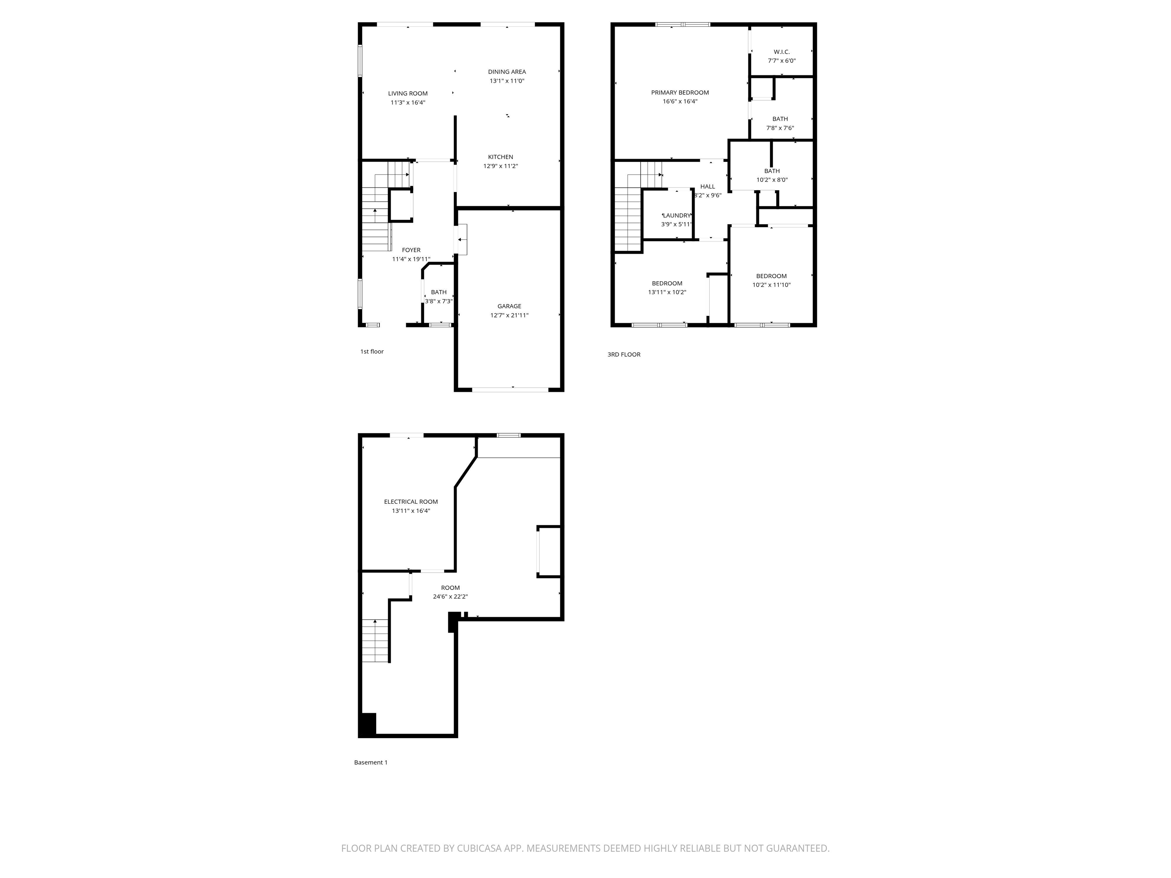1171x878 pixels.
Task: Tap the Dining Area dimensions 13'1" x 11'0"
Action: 507,81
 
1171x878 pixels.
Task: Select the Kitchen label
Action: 500,157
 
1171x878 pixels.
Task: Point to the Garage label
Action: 509,306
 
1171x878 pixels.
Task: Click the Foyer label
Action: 411,250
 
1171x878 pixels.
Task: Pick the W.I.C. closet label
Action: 781,52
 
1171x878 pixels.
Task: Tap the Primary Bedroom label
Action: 680,93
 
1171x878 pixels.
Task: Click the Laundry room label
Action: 677,215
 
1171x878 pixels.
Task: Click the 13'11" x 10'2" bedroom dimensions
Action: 667,292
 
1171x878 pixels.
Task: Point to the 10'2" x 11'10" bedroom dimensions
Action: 771,285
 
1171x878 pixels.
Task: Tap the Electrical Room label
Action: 411,502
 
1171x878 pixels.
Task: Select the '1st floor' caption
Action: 372,351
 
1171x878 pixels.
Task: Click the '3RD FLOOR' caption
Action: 624,354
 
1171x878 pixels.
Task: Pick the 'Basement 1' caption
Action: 371,762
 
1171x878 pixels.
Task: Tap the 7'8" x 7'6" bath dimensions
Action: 780,128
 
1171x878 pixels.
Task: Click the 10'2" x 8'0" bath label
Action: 772,171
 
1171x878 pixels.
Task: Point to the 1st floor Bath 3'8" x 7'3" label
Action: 438,292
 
